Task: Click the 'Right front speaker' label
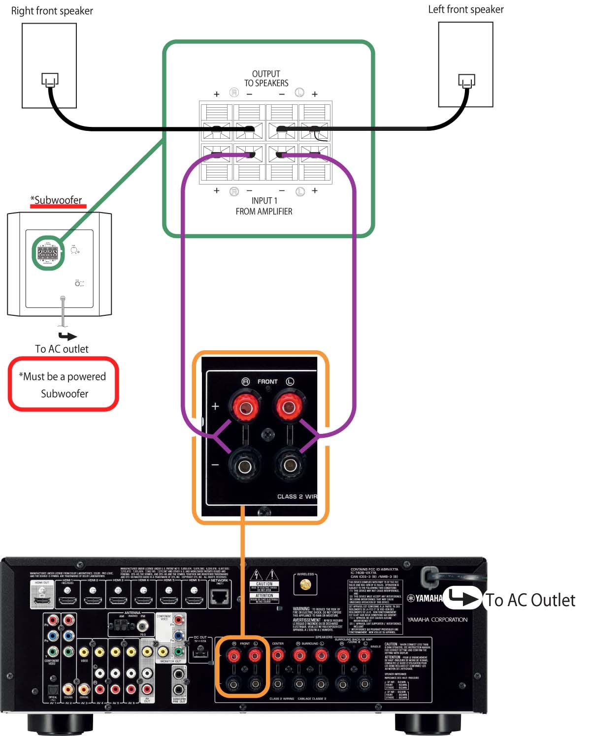pos(52,11)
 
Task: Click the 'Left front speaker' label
pos(465,9)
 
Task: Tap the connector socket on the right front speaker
pos(50,80)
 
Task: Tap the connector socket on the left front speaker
pos(466,81)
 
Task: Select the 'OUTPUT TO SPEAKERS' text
pos(266,78)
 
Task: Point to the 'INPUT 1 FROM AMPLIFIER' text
pos(264,206)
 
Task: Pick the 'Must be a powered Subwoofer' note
pos(64,385)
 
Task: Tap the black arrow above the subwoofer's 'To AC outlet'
pos(67,337)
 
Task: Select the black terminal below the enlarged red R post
pos(244,465)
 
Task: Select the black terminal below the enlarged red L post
pos(289,465)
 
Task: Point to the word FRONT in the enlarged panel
pos(267,382)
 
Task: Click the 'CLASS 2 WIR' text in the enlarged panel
pos(297,496)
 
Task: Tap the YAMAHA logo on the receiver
pos(425,598)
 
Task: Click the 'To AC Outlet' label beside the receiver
pos(530,600)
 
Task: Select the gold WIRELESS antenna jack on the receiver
pos(305,584)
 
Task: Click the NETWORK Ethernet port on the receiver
pos(220,597)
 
